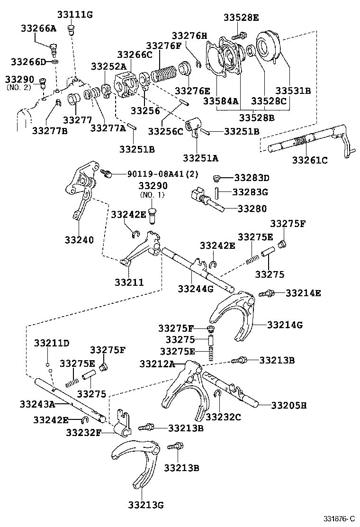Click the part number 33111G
(75, 15)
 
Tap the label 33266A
(38, 28)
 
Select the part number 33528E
(241, 18)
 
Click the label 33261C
(309, 160)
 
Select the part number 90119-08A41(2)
(162, 174)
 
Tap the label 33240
(79, 240)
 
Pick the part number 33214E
(303, 293)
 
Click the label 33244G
(195, 288)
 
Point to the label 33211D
(52, 343)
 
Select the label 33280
(252, 208)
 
